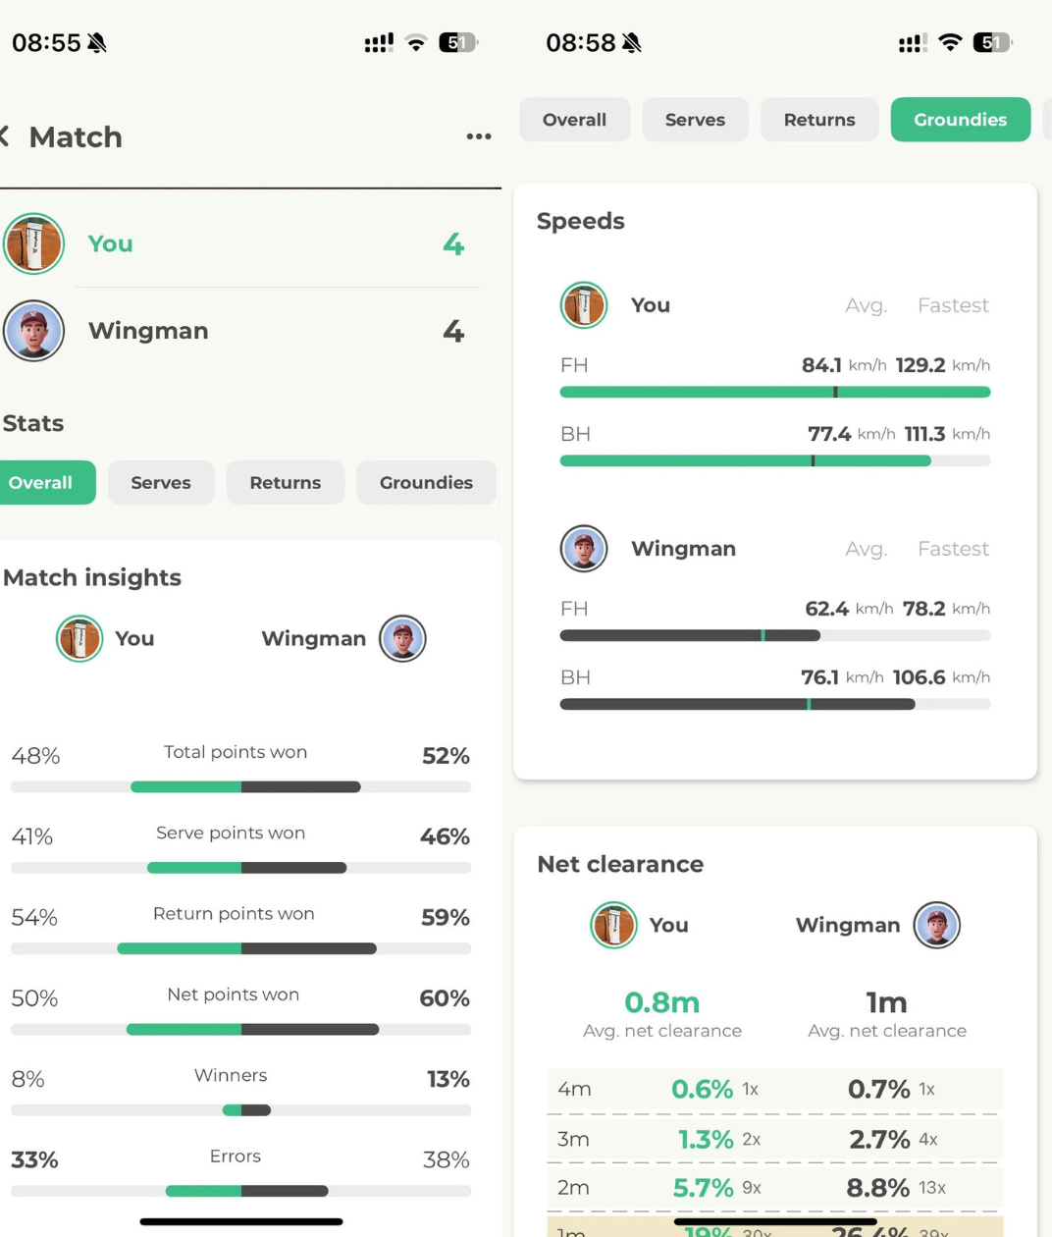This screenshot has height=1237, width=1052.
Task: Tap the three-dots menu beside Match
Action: (479, 136)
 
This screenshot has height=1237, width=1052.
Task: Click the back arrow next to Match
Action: (5, 136)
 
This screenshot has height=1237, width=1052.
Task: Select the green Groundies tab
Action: (960, 120)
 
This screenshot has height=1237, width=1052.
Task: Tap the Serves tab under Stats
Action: (161, 483)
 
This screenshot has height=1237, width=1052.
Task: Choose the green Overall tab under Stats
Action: (41, 483)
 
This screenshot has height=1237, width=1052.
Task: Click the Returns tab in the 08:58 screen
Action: (818, 120)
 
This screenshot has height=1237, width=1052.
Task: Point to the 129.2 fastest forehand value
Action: (920, 365)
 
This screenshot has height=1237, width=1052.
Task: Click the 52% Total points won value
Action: (446, 756)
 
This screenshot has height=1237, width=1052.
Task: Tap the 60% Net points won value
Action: (445, 998)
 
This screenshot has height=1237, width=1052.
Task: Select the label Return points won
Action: (234, 914)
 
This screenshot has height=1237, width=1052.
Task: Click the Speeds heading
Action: (580, 221)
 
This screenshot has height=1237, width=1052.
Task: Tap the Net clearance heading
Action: (620, 864)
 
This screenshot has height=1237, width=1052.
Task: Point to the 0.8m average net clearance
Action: (661, 1002)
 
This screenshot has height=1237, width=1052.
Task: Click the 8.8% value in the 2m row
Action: (877, 1188)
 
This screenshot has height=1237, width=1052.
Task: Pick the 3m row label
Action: (573, 1139)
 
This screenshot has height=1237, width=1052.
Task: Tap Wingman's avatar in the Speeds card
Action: (584, 548)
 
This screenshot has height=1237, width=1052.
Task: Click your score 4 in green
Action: (453, 243)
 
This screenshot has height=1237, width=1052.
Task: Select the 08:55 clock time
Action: (46, 43)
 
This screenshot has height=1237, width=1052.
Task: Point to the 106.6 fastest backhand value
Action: (919, 677)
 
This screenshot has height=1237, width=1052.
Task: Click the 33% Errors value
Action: (34, 1160)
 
